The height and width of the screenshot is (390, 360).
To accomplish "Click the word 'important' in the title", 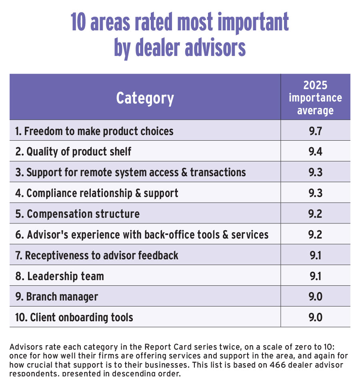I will click(x=250, y=23).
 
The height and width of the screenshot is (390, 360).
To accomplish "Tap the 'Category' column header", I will click(x=145, y=98).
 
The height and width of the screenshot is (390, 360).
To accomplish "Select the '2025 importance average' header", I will click(x=315, y=97).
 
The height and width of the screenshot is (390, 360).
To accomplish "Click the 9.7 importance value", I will click(x=315, y=131).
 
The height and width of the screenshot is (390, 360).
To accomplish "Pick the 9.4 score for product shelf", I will click(x=315, y=152).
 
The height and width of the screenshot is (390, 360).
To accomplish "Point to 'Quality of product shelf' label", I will click(x=74, y=152).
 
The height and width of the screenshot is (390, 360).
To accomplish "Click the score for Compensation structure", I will click(x=315, y=214).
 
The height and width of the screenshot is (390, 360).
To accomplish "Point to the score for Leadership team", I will click(x=315, y=276).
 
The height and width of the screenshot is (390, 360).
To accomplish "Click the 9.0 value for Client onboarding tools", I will click(x=315, y=318).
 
